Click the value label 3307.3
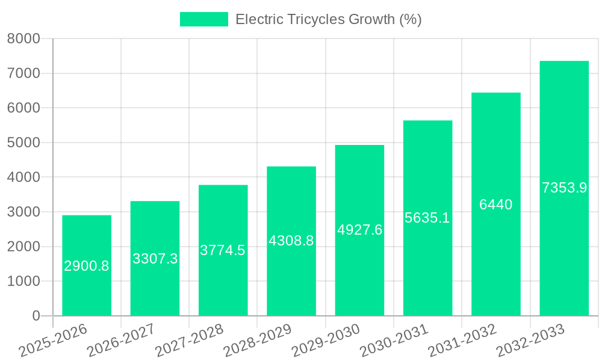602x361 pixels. (155, 259)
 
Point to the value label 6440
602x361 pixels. (496, 205)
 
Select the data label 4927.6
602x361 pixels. (359, 230)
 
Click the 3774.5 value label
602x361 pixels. (223, 250)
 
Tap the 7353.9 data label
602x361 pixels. (564, 188)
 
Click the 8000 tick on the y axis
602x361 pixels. (23, 39)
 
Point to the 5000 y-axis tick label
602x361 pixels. (23, 143)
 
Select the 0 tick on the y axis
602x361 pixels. (36, 316)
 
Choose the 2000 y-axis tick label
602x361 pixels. (23, 247)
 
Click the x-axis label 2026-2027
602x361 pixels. (121, 341)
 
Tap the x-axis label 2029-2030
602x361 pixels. (326, 341)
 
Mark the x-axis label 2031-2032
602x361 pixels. (462, 341)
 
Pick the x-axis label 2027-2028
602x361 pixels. (189, 341)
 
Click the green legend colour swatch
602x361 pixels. (204, 19)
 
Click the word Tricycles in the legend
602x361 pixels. (320, 19)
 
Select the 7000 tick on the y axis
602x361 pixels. (23, 73)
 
